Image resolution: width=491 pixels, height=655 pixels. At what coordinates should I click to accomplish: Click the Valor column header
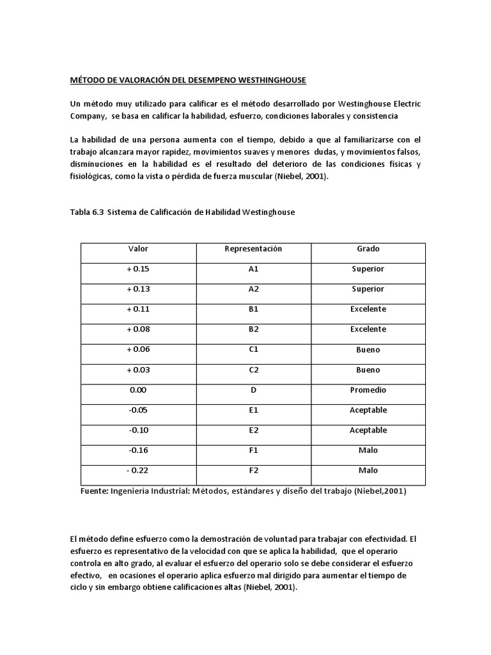[x=138, y=248]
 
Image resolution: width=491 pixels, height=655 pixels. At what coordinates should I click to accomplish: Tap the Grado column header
[x=368, y=248]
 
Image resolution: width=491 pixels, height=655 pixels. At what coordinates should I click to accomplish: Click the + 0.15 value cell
[x=138, y=269]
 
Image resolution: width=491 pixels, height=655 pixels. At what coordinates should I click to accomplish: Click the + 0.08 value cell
[x=138, y=329]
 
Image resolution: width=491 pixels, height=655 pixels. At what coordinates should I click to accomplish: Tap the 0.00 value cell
[x=138, y=390]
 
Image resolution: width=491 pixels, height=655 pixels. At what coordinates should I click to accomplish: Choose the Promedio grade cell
[x=368, y=390]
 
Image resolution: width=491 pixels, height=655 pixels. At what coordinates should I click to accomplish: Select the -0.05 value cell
[x=138, y=410]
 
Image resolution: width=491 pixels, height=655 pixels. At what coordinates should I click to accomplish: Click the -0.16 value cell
[x=138, y=450]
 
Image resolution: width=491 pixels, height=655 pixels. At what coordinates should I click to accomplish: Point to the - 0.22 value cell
[x=138, y=471]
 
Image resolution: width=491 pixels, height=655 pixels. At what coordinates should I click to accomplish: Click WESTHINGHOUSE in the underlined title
[x=263, y=80]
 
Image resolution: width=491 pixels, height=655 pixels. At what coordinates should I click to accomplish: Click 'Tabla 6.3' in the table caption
[x=86, y=212]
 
